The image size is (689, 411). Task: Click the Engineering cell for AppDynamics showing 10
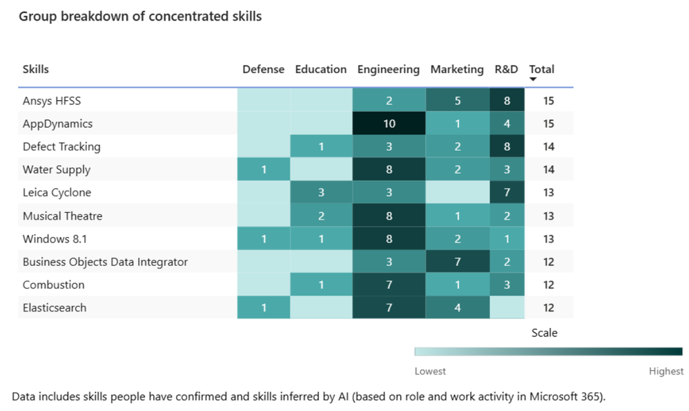pos(389,124)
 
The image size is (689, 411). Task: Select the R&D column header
pos(507,69)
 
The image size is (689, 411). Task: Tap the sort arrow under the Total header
pos(533,79)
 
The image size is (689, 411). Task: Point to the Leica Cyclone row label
pos(57,193)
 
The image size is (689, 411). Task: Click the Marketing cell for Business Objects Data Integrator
pos(457,262)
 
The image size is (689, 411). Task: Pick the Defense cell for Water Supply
pos(264,170)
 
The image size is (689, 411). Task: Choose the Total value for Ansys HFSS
pos(548,101)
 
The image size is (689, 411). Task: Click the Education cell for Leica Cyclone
pos(321,193)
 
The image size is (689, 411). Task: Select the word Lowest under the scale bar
pos(430,372)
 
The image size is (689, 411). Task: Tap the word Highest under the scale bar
pos(666,372)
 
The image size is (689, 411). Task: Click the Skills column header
pos(36,69)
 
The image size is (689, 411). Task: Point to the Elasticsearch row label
pos(55,308)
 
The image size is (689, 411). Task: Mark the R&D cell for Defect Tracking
pos(507,146)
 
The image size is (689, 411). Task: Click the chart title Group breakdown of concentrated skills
pos(140,16)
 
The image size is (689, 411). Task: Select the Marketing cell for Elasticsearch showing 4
pos(457,308)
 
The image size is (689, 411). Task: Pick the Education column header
pos(321,69)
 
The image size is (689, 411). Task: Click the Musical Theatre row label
pos(62,216)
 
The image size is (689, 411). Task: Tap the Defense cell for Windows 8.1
pos(264,239)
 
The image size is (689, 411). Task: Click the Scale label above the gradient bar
pos(544,333)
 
